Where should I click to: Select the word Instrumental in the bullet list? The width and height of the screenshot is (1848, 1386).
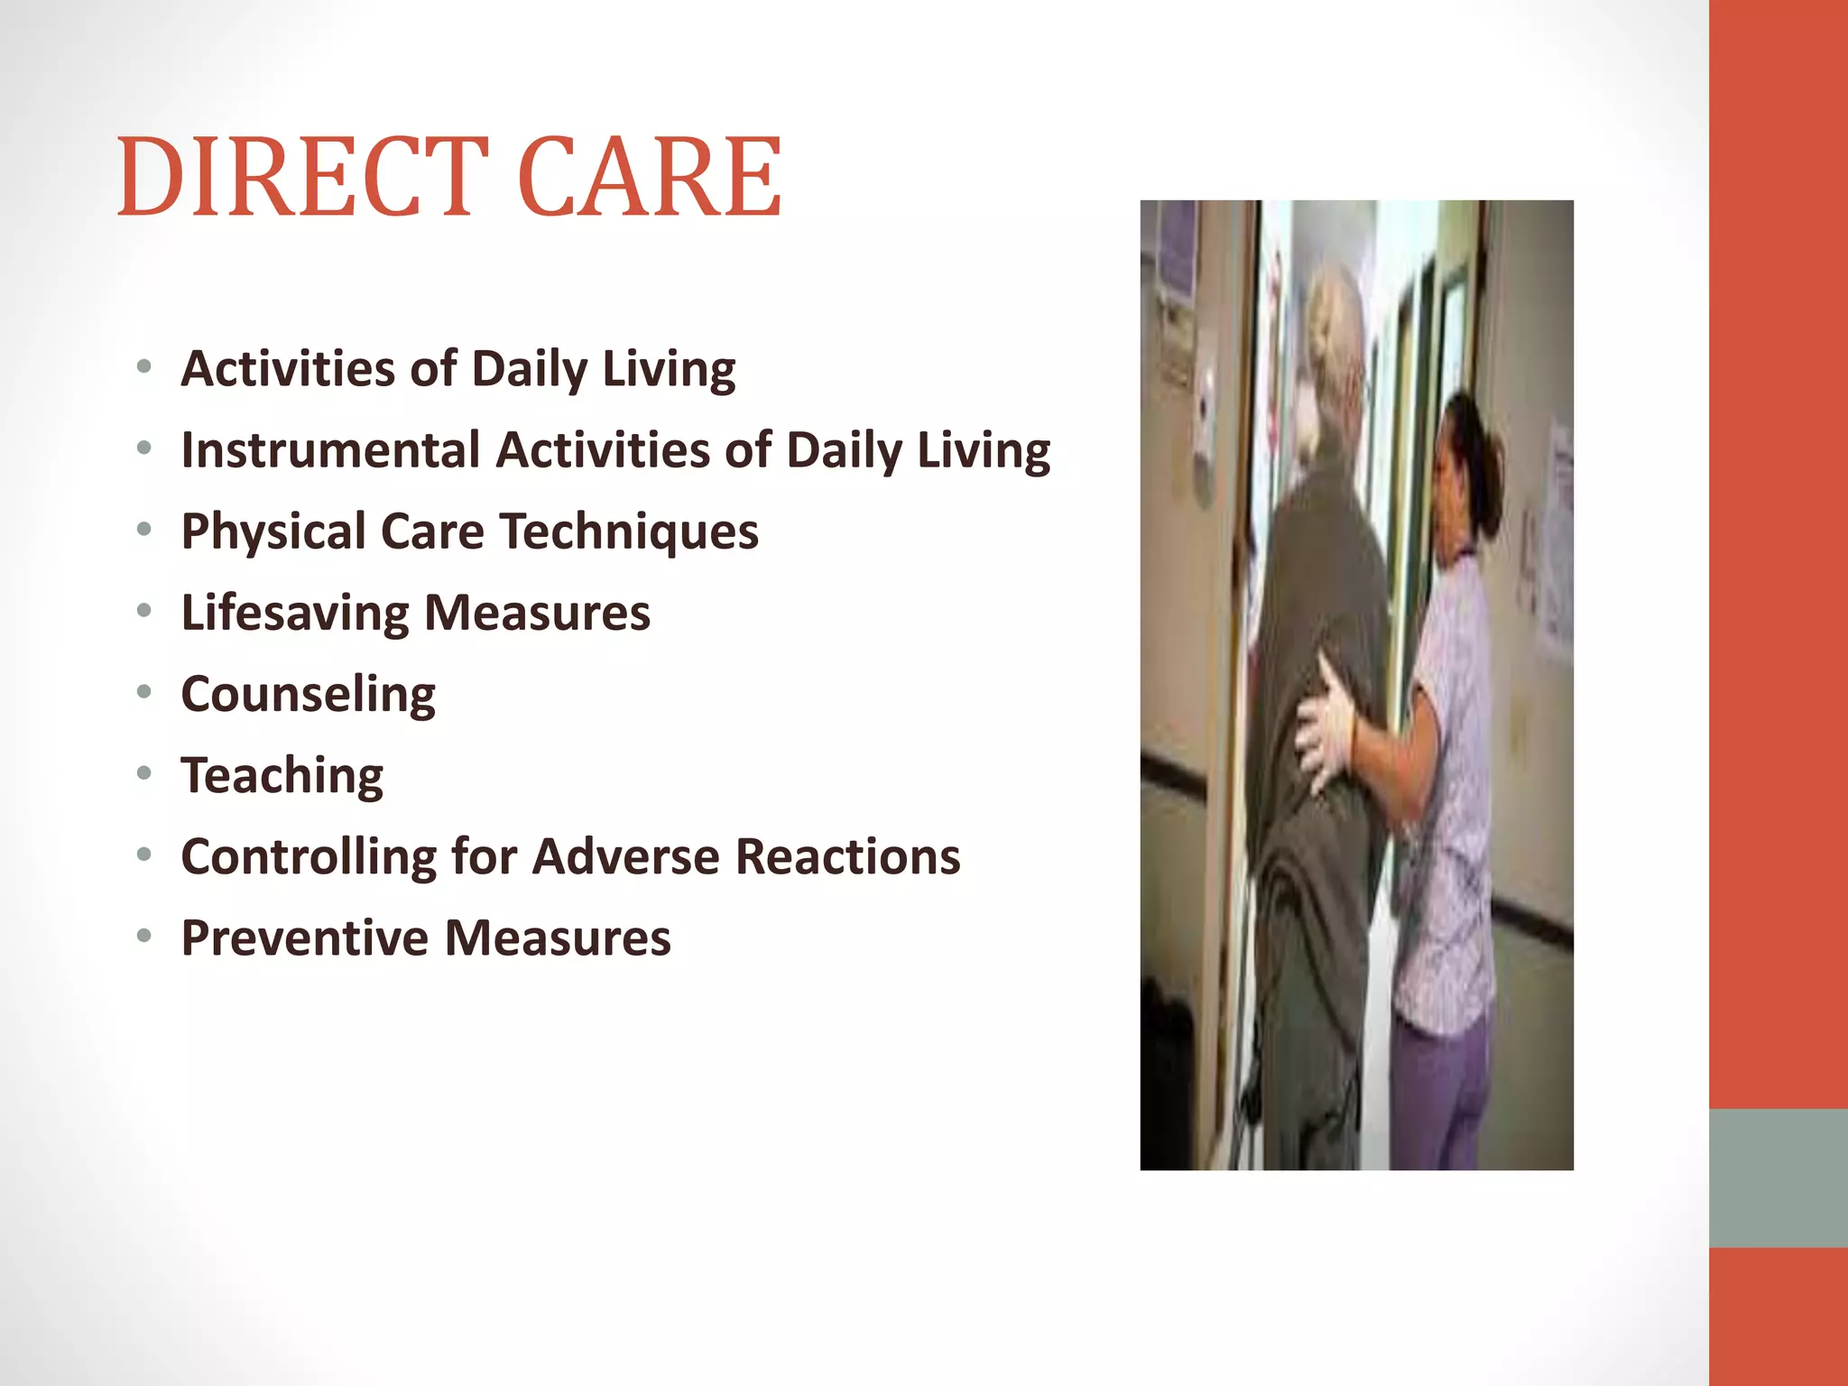[330, 449]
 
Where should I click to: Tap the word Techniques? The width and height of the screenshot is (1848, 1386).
[629, 531]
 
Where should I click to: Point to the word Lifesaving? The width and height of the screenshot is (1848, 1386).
[295, 614]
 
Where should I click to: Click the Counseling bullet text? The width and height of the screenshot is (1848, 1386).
[309, 695]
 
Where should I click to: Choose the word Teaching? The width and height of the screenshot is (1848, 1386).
[282, 776]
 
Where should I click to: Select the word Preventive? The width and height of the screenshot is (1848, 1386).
[304, 938]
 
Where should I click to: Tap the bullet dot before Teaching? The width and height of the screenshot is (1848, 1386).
[144, 773]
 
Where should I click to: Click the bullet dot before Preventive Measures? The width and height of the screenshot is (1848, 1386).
[144, 936]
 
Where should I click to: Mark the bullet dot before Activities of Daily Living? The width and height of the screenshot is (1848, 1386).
[144, 366]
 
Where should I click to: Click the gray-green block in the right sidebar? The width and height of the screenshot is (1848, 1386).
[1778, 1178]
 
